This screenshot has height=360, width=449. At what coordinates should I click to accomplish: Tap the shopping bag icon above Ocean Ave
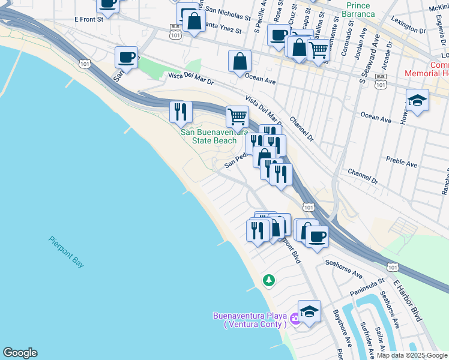tap(240, 61)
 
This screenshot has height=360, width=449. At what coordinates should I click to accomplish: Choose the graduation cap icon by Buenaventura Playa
tap(309, 311)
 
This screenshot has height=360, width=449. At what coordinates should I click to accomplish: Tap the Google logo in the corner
tap(20, 353)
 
